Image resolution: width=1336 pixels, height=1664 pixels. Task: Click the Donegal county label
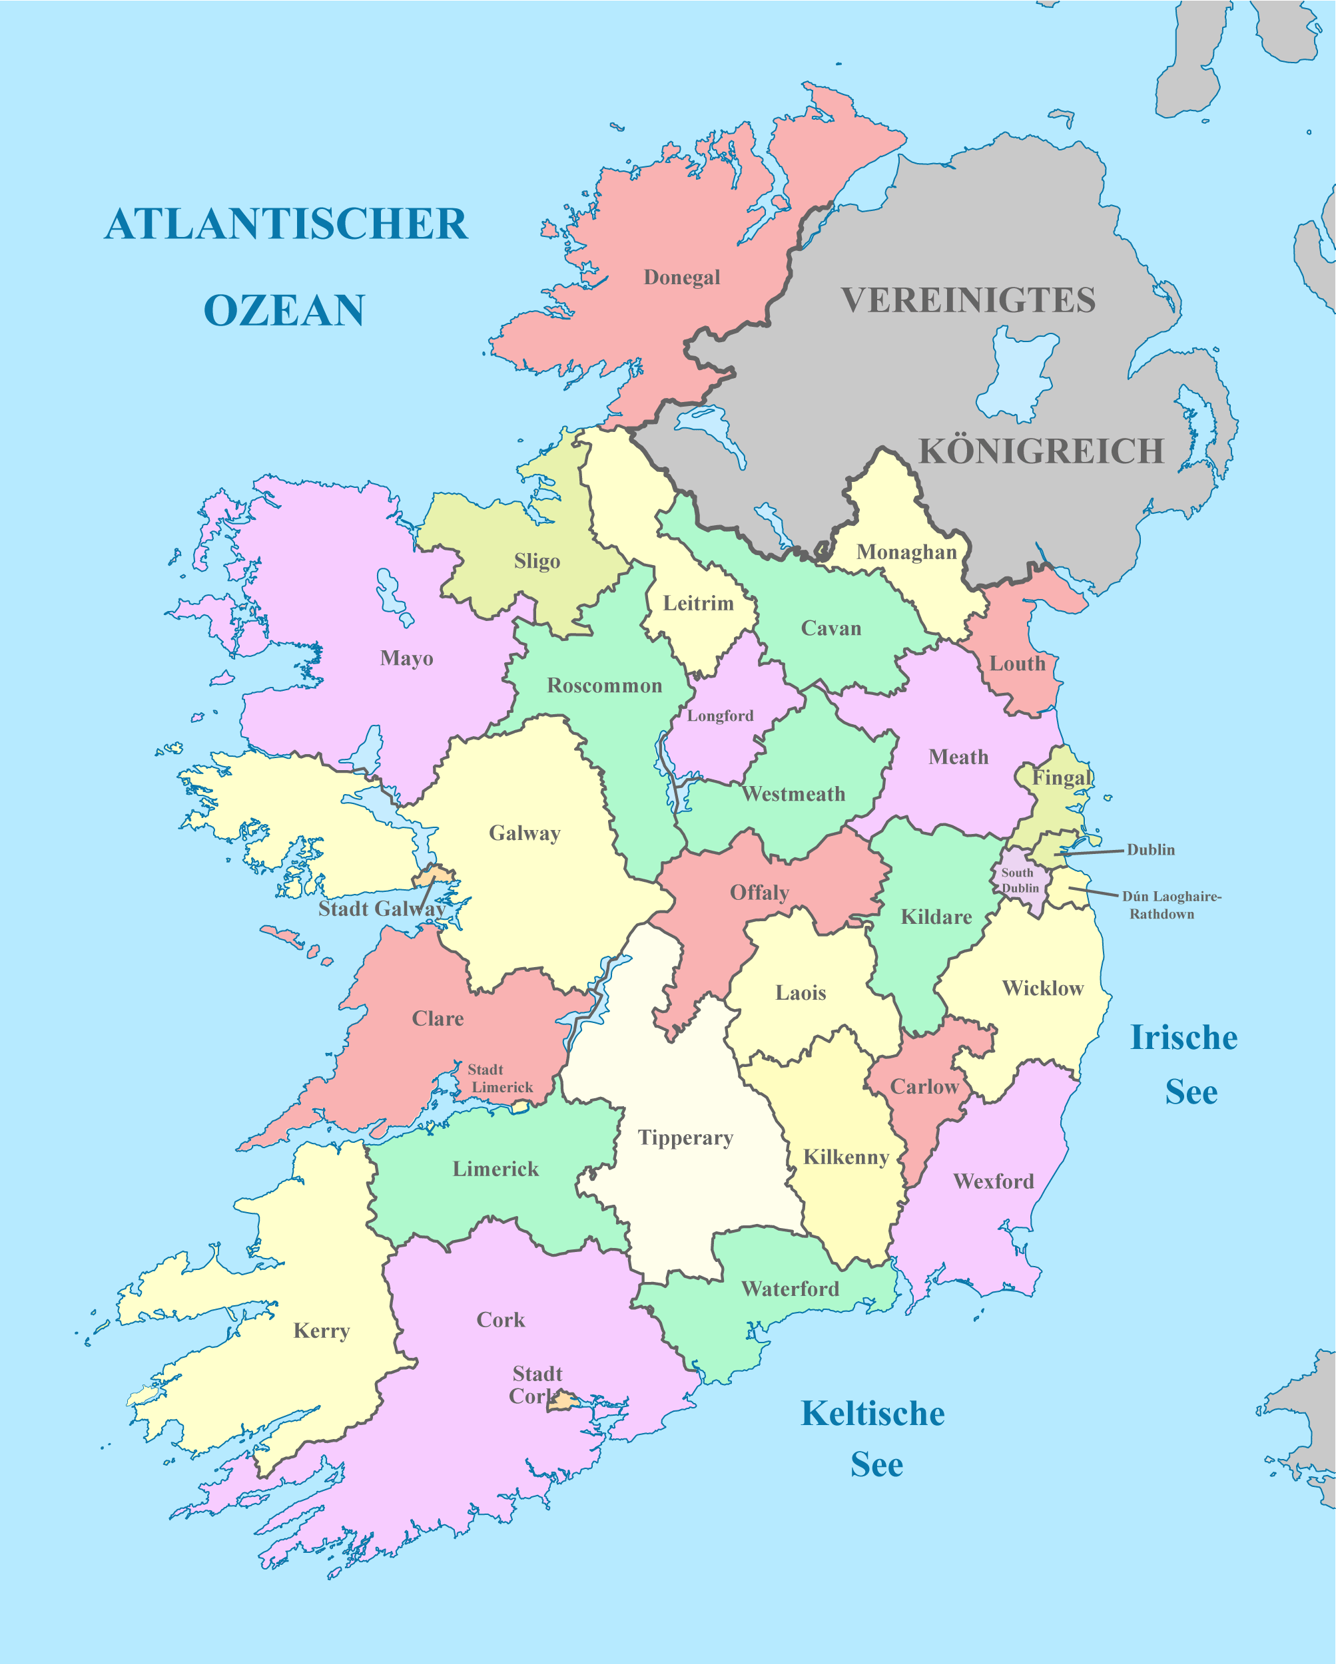point(681,277)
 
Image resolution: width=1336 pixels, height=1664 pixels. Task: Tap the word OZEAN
point(284,310)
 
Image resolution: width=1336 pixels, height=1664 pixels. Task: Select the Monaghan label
point(906,552)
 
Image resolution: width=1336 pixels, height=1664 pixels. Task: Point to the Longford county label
point(720,716)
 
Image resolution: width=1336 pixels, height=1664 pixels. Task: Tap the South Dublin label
point(1020,880)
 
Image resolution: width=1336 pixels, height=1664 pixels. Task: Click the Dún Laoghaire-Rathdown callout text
point(1170,905)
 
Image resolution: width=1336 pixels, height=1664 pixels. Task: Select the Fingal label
point(1062,777)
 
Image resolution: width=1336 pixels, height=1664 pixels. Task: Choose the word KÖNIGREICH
point(1040,451)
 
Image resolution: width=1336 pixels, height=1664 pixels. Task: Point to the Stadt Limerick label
point(499,1078)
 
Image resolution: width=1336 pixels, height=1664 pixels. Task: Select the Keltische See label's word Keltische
point(872,1414)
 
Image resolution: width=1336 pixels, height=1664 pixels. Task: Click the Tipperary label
point(685,1138)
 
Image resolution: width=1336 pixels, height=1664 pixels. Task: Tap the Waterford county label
point(789,1289)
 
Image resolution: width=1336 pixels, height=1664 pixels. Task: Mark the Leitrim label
point(698,603)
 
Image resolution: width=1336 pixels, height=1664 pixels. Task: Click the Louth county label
point(1016,664)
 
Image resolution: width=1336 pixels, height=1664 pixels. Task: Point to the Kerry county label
point(321,1331)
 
